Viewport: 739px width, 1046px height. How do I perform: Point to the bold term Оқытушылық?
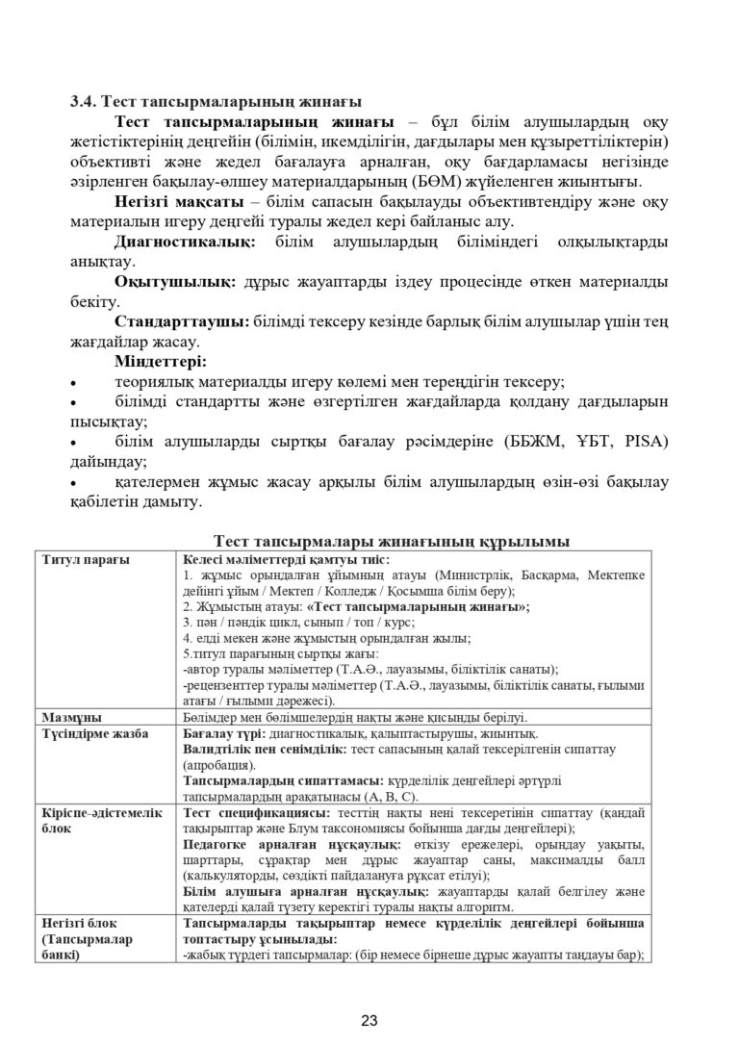click(x=173, y=282)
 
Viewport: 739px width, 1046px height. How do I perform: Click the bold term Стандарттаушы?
click(x=182, y=322)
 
